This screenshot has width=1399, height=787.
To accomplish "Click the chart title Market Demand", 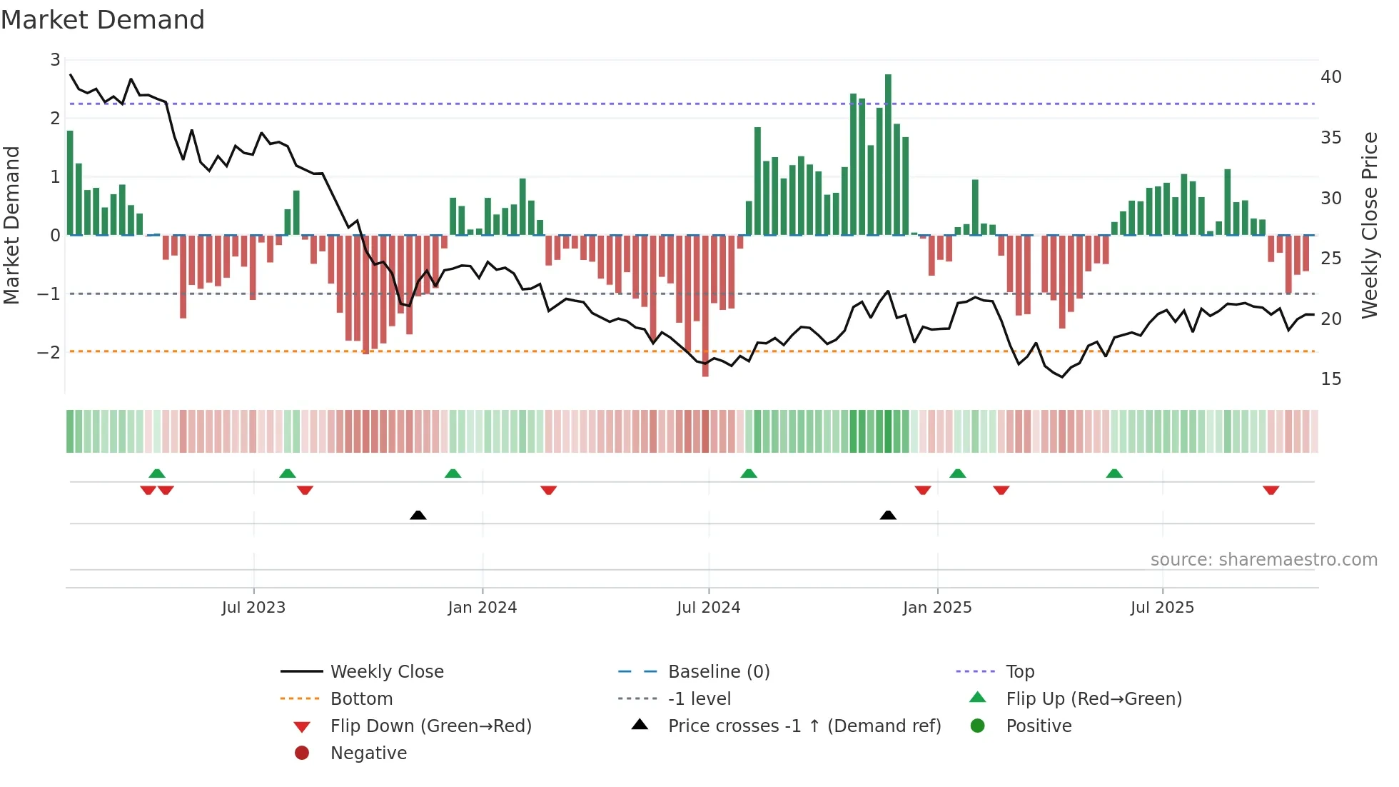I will tap(103, 20).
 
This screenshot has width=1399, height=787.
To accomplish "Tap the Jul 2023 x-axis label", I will tap(253, 608).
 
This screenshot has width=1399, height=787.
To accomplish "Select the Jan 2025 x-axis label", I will tap(936, 608).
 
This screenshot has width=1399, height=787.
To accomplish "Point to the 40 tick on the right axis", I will tap(1330, 77).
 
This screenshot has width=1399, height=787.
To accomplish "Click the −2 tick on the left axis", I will tap(49, 352).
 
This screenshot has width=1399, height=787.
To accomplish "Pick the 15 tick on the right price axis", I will tap(1330, 379).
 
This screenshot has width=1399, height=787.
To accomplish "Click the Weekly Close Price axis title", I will tap(1369, 225).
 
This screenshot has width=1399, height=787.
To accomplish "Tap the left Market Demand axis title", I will tap(12, 225).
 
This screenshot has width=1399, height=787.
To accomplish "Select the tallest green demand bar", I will tap(888, 154).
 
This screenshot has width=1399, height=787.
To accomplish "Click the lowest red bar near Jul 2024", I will tap(705, 306).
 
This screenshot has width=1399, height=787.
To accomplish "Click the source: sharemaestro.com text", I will tap(1263, 559).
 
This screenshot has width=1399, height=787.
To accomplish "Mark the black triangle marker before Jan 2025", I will tap(888, 515).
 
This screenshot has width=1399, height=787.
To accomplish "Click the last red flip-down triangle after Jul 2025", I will tap(1271, 490).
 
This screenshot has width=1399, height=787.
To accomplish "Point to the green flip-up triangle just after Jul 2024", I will tap(748, 473).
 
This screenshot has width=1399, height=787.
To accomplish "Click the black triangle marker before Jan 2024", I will tap(418, 515).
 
